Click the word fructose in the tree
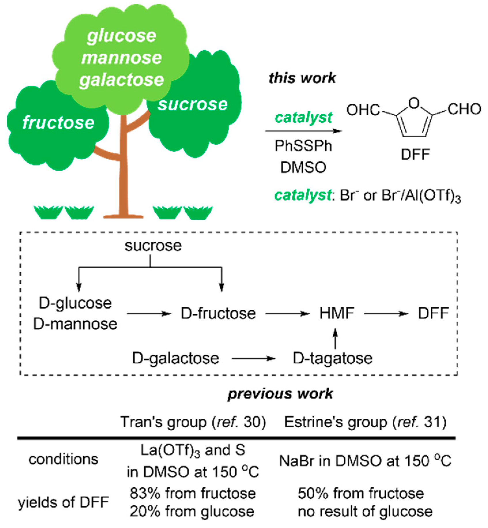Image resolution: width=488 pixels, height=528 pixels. click(x=58, y=123)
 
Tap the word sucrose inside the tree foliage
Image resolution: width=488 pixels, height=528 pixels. click(x=192, y=104)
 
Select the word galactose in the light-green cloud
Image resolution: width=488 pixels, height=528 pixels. click(x=121, y=80)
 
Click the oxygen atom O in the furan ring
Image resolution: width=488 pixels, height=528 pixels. click(x=414, y=103)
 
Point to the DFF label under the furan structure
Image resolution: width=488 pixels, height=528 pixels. click(x=415, y=155)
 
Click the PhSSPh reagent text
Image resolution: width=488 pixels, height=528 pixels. click(x=303, y=146)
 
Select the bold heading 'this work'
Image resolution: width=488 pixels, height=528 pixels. click(x=302, y=78)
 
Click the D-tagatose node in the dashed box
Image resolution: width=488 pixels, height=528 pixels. click(x=332, y=358)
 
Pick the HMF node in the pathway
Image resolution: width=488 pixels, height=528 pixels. click(x=336, y=313)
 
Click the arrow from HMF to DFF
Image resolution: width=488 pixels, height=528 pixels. click(x=386, y=314)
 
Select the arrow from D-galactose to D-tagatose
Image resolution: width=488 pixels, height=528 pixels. click(x=253, y=359)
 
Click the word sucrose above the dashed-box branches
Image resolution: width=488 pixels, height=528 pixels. click(x=153, y=246)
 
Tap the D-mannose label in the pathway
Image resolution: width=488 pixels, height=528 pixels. click(x=75, y=324)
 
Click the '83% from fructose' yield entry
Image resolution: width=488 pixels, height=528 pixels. click(x=192, y=493)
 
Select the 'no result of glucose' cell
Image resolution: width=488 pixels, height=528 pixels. click(x=365, y=512)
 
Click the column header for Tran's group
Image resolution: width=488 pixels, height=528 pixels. click(x=193, y=422)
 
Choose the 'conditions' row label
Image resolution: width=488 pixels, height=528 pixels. click(x=63, y=459)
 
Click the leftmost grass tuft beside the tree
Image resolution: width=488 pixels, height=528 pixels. click(x=48, y=213)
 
